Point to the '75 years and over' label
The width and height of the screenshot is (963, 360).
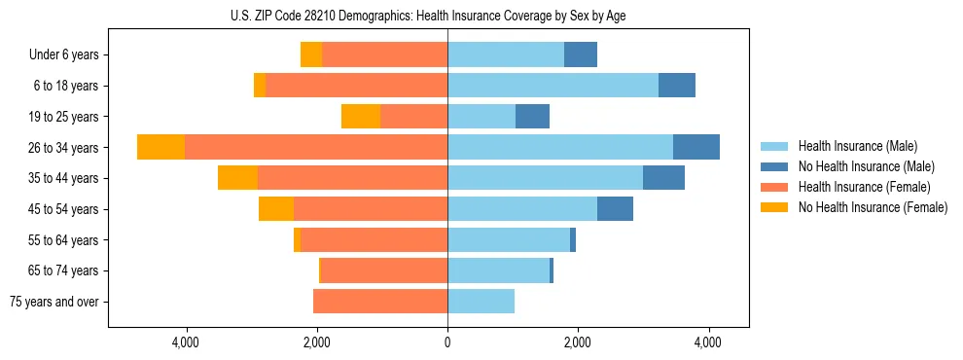point(54,302)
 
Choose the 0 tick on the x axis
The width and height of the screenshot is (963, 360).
point(447,342)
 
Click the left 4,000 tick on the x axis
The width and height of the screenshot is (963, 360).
point(186,342)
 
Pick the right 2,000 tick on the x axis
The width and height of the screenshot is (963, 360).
point(578,342)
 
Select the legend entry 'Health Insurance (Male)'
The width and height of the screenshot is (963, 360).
point(858,146)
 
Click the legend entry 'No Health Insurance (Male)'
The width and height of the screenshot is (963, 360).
point(866,166)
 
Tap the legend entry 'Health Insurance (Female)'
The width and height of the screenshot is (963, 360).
point(864,187)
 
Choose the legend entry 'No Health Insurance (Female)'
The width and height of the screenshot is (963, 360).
point(872,207)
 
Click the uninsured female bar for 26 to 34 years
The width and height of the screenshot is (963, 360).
point(160,147)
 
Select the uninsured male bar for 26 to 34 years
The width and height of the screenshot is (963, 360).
point(696,147)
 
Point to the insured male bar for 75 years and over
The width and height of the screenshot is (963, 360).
point(481,302)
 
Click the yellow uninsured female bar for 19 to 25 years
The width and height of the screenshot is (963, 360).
point(361,117)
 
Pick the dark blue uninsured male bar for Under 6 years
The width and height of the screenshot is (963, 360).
point(581,54)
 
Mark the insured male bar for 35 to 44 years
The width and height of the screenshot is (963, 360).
point(545,178)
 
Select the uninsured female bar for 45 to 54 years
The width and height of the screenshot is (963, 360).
point(276,209)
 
